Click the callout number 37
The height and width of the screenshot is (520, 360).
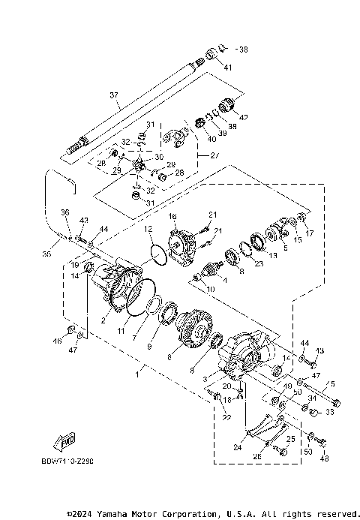click(114, 95)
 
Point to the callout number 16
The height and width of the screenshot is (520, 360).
click(172, 216)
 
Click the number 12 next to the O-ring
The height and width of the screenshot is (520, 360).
click(148, 228)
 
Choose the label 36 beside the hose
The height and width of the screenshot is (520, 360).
click(65, 213)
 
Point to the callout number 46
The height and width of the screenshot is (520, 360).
click(56, 341)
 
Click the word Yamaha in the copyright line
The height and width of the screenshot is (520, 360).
click(122, 514)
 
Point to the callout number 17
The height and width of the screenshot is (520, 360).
click(310, 233)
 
